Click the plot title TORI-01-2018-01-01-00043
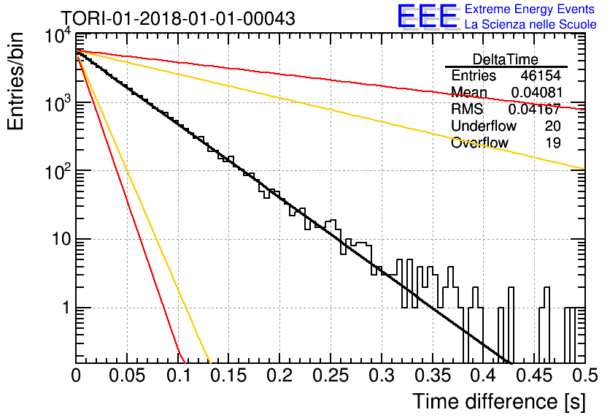(x=178, y=18)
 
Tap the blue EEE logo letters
(x=427, y=16)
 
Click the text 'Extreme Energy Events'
(x=530, y=9)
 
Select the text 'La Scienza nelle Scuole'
(x=530, y=24)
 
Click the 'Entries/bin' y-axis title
(x=15, y=81)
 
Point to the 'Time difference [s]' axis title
(x=499, y=401)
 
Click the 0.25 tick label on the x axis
(x=331, y=376)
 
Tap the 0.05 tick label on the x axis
(x=127, y=376)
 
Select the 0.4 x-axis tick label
(x=483, y=376)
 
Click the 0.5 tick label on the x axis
(x=585, y=376)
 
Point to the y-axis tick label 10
(x=62, y=239)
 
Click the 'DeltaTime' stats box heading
(x=506, y=59)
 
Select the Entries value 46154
(x=541, y=75)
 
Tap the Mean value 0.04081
(x=537, y=92)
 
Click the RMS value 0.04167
(x=535, y=109)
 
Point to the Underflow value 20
(x=552, y=126)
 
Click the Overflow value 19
(x=553, y=142)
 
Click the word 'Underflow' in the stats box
(x=484, y=126)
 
